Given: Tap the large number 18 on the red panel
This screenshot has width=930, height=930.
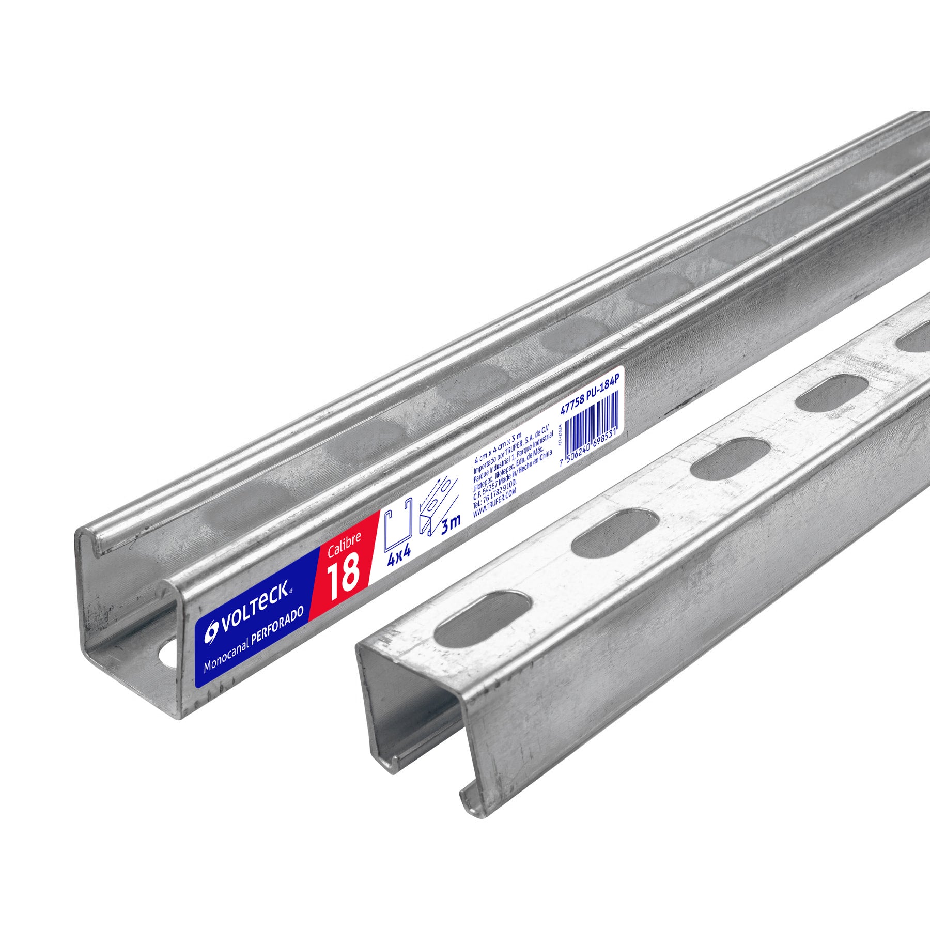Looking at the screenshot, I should click(x=344, y=574).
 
